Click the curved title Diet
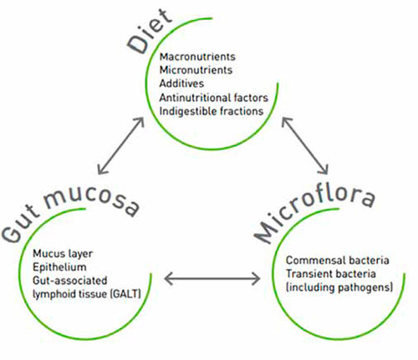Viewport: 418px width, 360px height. pos(150,32)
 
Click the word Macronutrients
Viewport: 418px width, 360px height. pos(197,57)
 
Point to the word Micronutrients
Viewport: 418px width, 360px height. pos(196,70)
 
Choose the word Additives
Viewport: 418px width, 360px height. pos(181,84)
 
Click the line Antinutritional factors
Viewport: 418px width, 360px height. pos(214,98)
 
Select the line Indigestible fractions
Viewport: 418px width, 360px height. pos(212,111)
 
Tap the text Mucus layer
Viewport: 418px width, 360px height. pos(63,254)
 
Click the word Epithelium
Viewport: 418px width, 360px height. pos(59,267)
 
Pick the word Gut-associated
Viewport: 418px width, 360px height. pos(70,281)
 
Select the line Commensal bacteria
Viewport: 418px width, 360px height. pos(338,261)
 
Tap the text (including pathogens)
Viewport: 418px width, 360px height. pos(339,287)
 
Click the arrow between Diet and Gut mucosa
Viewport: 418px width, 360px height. pos(121,146)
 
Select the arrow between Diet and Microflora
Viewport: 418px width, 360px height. pos(305,146)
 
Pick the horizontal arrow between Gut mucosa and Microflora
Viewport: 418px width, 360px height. pos(212,278)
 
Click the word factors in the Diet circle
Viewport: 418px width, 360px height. pos(251,98)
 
